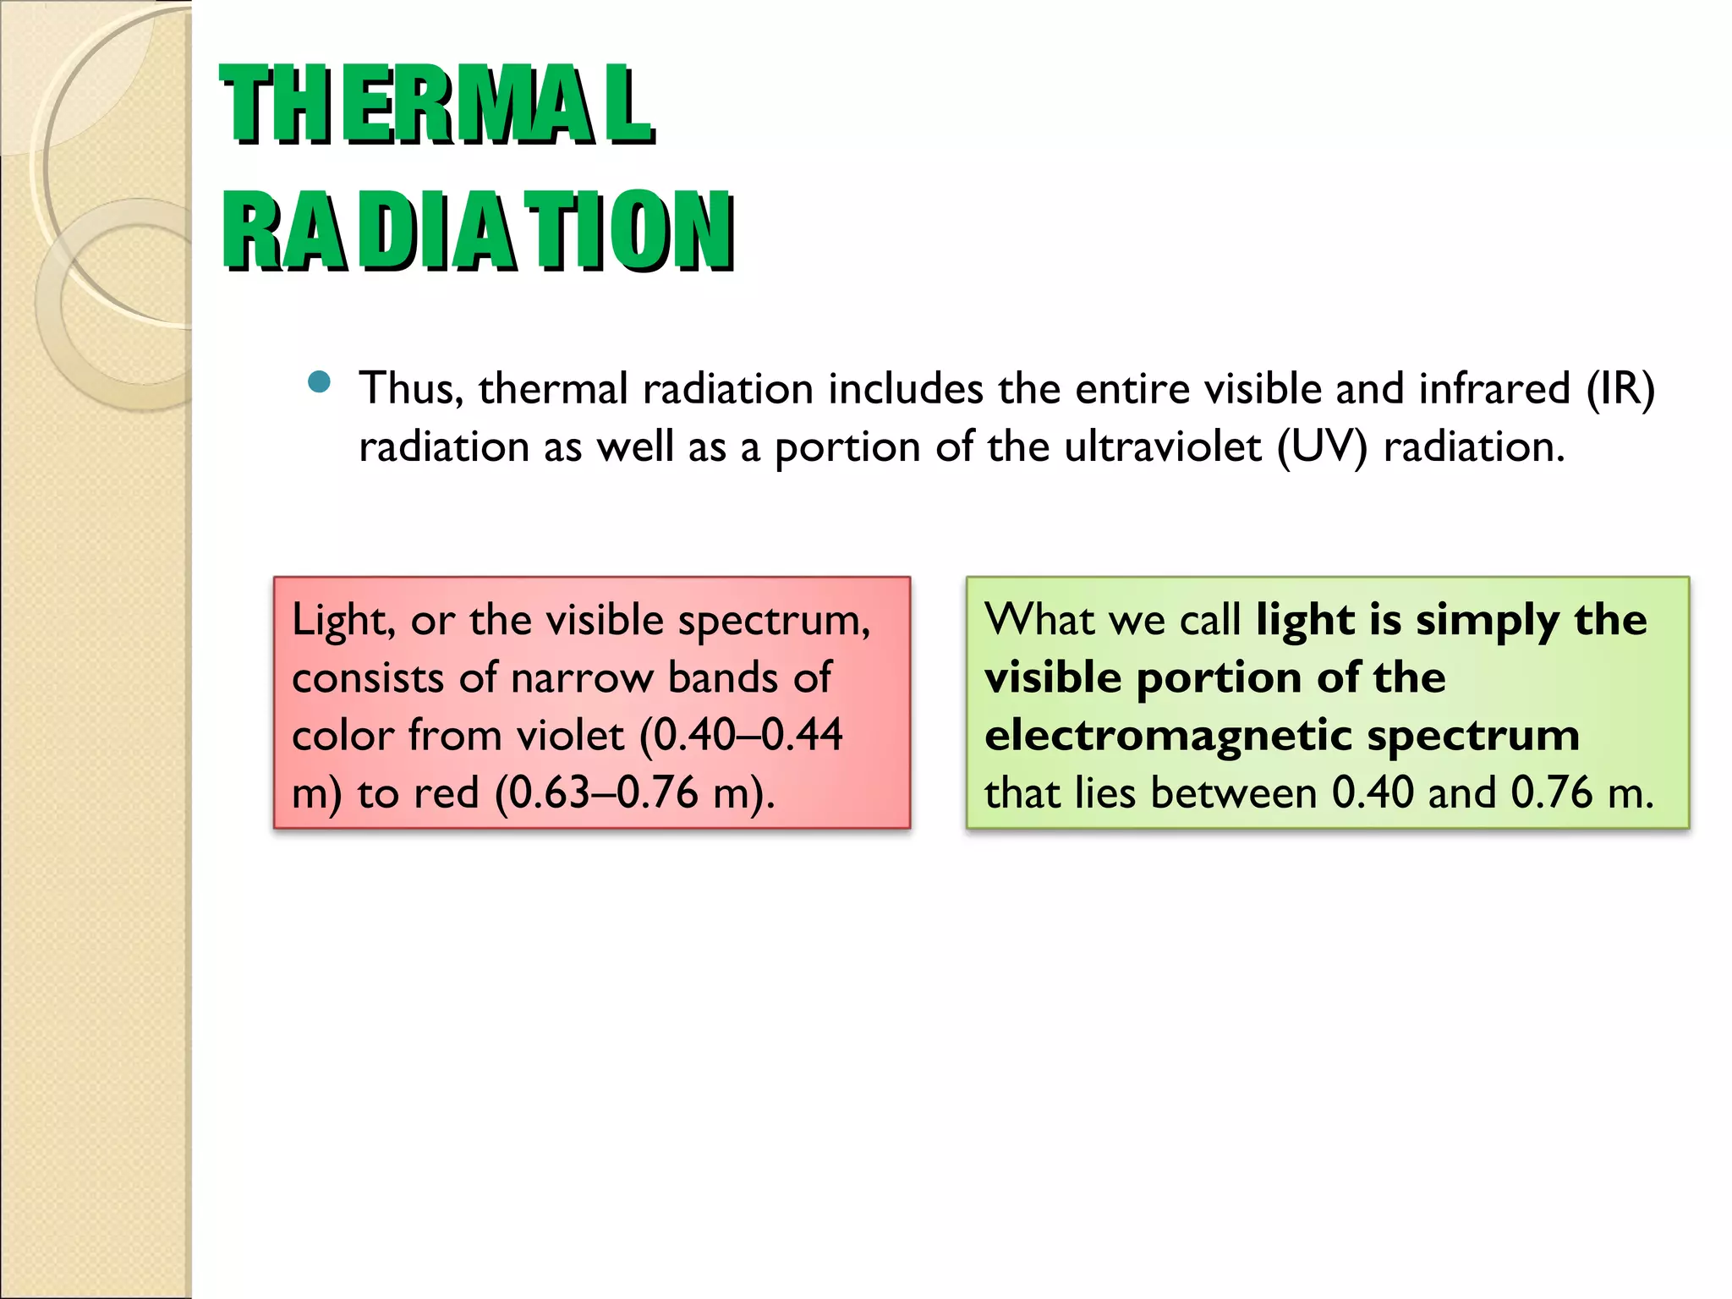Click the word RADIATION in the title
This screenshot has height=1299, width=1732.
pos(478,231)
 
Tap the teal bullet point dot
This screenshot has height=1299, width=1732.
pos(319,382)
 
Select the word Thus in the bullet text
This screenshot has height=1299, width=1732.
pos(409,389)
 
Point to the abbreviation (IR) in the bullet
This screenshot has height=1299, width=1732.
pos(1620,389)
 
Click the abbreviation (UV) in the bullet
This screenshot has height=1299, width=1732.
pos(1322,447)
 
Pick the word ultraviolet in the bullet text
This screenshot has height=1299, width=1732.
pos(1163,447)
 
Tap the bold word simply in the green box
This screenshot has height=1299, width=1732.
pos(1488,622)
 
